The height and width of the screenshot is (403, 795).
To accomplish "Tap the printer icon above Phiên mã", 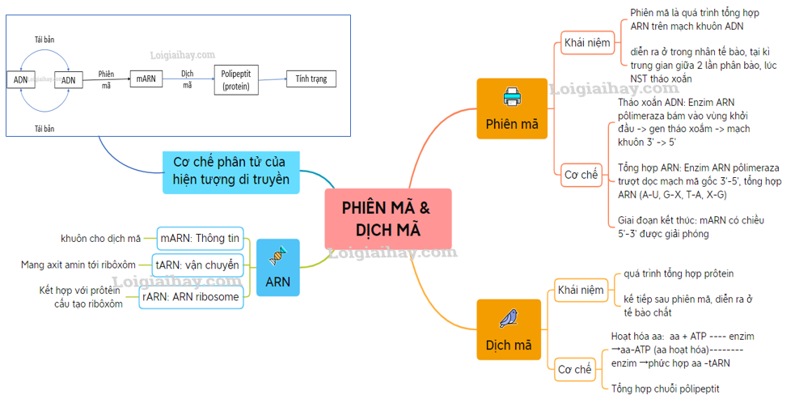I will click(x=512, y=98).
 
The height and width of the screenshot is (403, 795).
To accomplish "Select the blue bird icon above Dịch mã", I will click(x=509, y=318).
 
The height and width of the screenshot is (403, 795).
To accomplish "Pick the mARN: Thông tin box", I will click(x=200, y=238).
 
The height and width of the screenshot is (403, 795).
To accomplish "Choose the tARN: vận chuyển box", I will click(x=197, y=265).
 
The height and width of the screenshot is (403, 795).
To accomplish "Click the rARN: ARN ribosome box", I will click(x=191, y=297).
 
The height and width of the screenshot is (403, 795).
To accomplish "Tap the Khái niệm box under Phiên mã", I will click(x=587, y=42).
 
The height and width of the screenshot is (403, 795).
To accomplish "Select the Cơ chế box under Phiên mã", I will click(x=581, y=174).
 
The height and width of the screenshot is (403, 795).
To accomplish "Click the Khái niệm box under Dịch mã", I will click(x=581, y=290).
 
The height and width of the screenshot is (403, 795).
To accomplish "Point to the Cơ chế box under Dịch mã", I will click(x=575, y=369).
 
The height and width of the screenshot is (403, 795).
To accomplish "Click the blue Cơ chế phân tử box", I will click(x=230, y=172).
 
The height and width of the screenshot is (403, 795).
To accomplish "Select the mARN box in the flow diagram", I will click(x=146, y=78).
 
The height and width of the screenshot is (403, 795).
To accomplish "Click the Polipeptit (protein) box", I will click(x=236, y=80).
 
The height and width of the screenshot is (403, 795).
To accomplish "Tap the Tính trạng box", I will click(x=311, y=79).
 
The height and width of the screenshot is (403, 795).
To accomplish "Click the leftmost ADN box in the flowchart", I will click(x=19, y=79).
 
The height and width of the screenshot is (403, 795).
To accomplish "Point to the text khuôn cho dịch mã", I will click(x=100, y=238).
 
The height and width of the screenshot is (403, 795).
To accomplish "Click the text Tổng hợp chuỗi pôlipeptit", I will click(x=665, y=389).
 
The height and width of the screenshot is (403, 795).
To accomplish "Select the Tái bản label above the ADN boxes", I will click(x=44, y=39).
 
